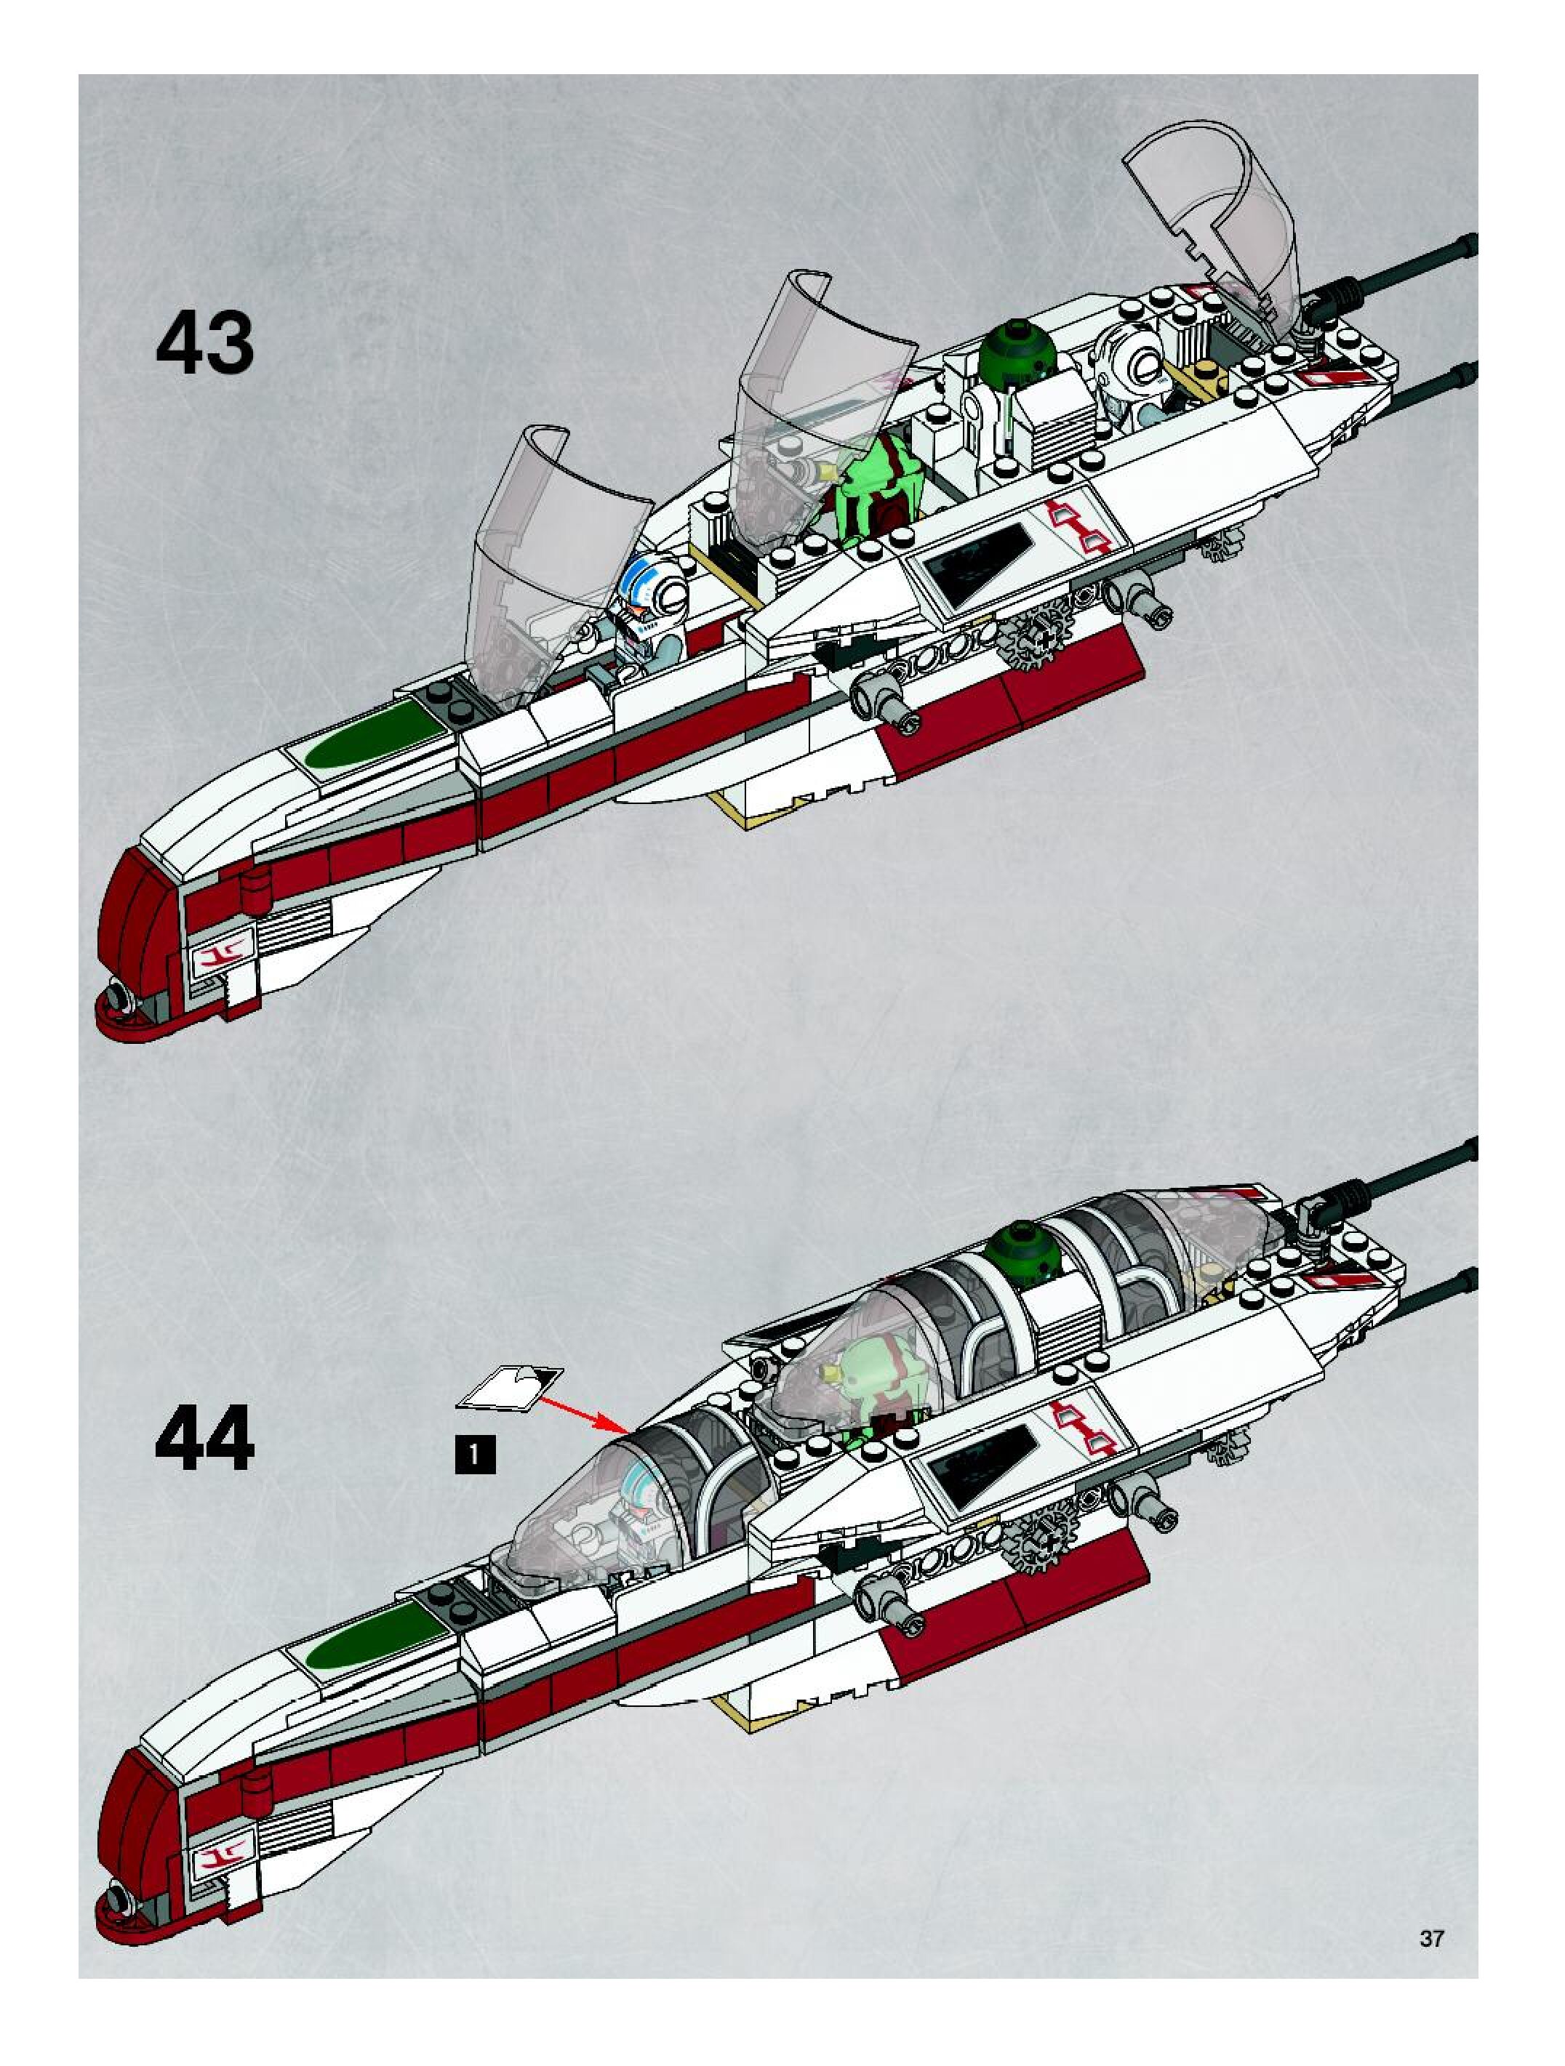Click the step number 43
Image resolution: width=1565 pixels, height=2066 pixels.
coord(204,344)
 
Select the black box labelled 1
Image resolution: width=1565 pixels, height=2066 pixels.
coord(475,1454)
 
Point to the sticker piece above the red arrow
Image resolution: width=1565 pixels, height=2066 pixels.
coord(509,1385)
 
